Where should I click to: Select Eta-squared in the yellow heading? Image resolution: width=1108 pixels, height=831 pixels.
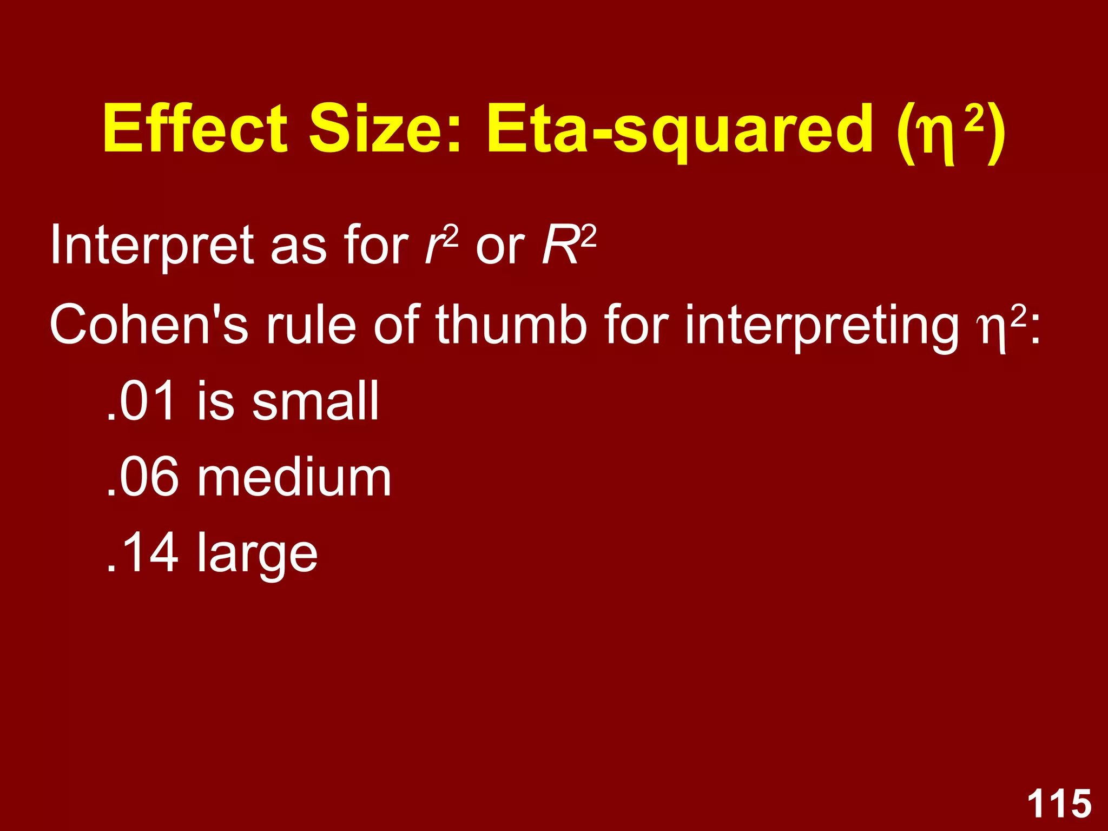coord(680,130)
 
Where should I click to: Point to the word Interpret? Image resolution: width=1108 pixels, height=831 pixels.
coord(151,246)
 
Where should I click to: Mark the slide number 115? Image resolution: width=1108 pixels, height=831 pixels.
coord(1059,803)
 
